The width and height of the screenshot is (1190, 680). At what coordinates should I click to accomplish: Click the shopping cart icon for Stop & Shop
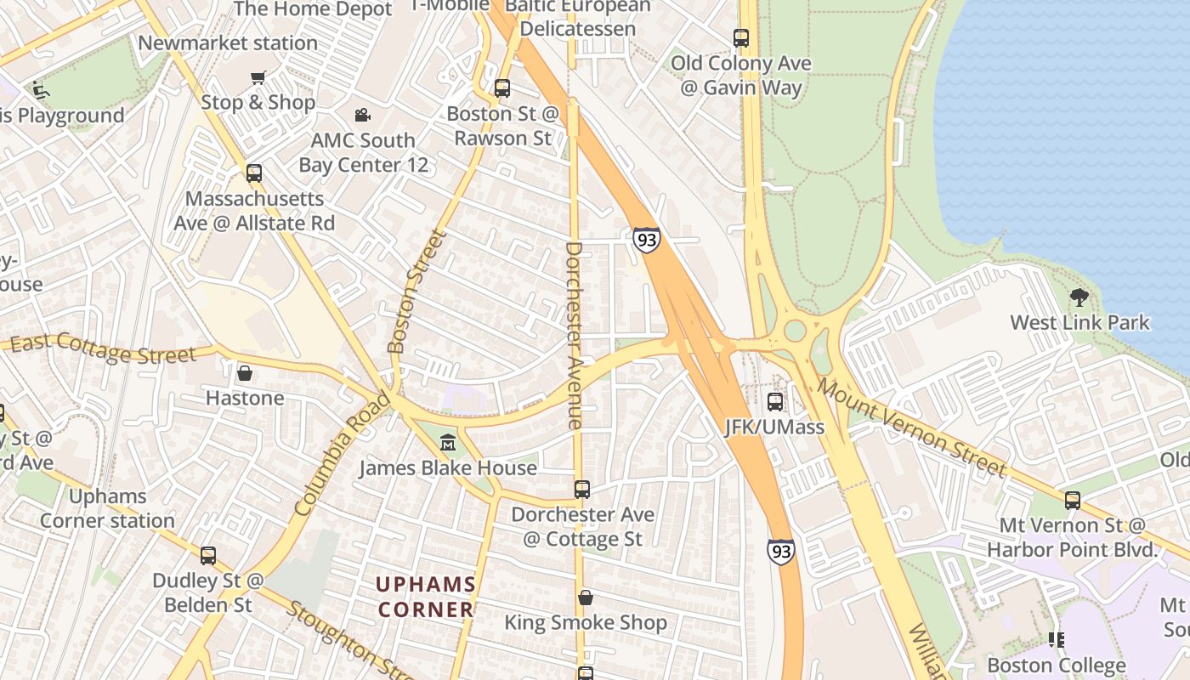(258, 78)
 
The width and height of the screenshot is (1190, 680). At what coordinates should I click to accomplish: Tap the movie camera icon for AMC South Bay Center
(363, 115)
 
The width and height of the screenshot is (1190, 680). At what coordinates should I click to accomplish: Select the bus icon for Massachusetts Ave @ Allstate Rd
(254, 173)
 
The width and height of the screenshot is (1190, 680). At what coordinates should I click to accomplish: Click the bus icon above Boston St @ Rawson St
(502, 88)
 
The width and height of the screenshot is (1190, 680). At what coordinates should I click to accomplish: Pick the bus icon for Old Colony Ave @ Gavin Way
(741, 38)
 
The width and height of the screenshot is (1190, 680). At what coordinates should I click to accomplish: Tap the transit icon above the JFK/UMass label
(775, 402)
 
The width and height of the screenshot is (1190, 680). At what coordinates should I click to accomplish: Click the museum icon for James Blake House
(448, 442)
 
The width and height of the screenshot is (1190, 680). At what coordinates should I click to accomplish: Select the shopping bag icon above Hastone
(245, 373)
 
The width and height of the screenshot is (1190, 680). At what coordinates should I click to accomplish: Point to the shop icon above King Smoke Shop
(586, 598)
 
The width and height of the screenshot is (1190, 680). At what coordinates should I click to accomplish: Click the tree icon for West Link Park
(1079, 297)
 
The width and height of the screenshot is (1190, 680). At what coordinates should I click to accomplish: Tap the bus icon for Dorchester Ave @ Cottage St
(582, 490)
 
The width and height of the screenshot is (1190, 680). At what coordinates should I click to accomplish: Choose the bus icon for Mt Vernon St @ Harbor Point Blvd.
(1073, 500)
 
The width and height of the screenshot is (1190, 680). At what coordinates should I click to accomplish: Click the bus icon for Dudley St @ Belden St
(208, 556)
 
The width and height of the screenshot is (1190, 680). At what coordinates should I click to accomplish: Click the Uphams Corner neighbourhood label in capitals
(426, 597)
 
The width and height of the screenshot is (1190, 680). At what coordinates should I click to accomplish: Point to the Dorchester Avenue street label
(575, 335)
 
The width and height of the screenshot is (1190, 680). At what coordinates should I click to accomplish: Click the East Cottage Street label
(103, 348)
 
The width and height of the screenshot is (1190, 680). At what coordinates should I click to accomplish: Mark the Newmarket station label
(228, 42)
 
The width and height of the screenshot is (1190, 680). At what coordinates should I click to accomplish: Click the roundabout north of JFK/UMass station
(796, 331)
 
